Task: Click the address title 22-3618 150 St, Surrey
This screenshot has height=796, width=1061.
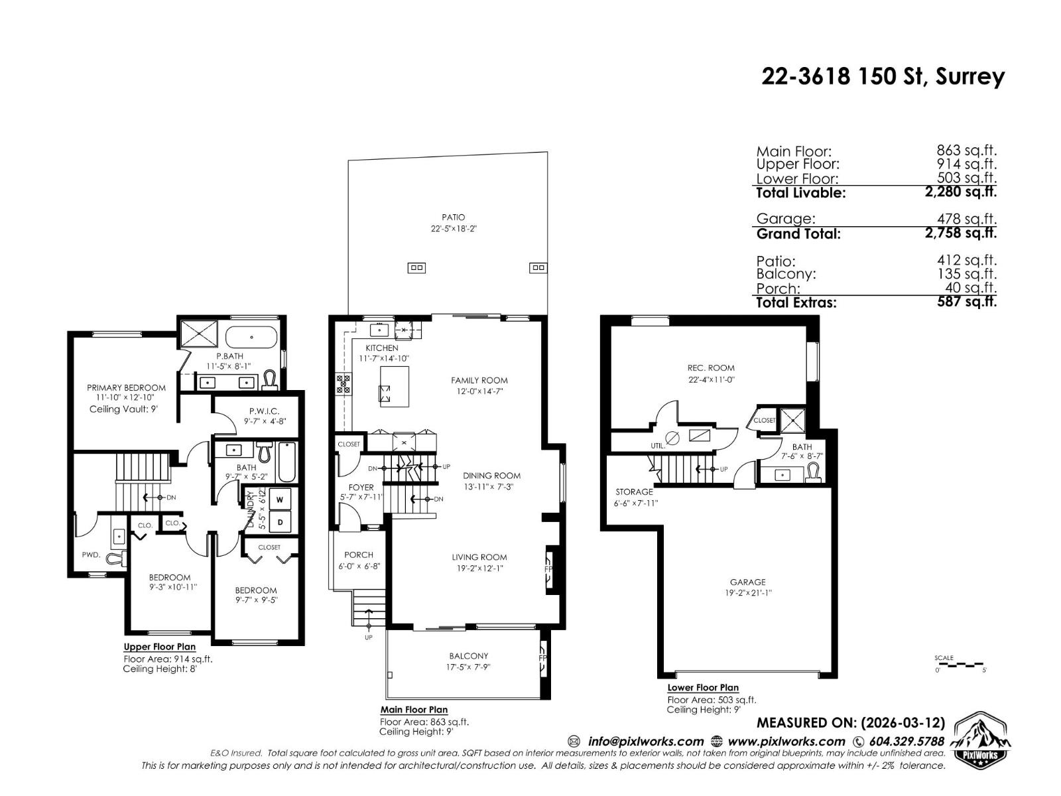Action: click(883, 77)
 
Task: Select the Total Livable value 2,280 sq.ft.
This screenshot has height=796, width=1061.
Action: click(961, 192)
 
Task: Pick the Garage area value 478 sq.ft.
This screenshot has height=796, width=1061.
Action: click(967, 219)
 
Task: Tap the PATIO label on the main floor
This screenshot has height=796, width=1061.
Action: click(454, 217)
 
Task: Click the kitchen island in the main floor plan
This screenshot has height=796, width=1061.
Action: click(394, 386)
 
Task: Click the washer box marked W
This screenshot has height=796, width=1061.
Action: click(280, 499)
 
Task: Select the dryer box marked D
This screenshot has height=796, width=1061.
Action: click(280, 521)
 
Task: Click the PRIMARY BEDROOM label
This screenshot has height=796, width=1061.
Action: click(126, 387)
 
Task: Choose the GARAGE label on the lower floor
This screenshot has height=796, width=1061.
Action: click(747, 582)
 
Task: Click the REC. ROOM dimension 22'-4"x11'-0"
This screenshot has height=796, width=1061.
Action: click(711, 380)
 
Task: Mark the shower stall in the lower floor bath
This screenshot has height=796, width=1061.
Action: click(791, 420)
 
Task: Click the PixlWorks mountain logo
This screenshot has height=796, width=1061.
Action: click(982, 740)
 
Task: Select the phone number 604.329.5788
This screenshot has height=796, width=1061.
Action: click(906, 741)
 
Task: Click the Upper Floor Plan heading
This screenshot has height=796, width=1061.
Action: click(159, 647)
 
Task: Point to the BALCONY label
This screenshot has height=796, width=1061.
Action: click(468, 656)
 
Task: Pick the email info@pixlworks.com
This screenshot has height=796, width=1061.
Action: click(645, 741)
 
